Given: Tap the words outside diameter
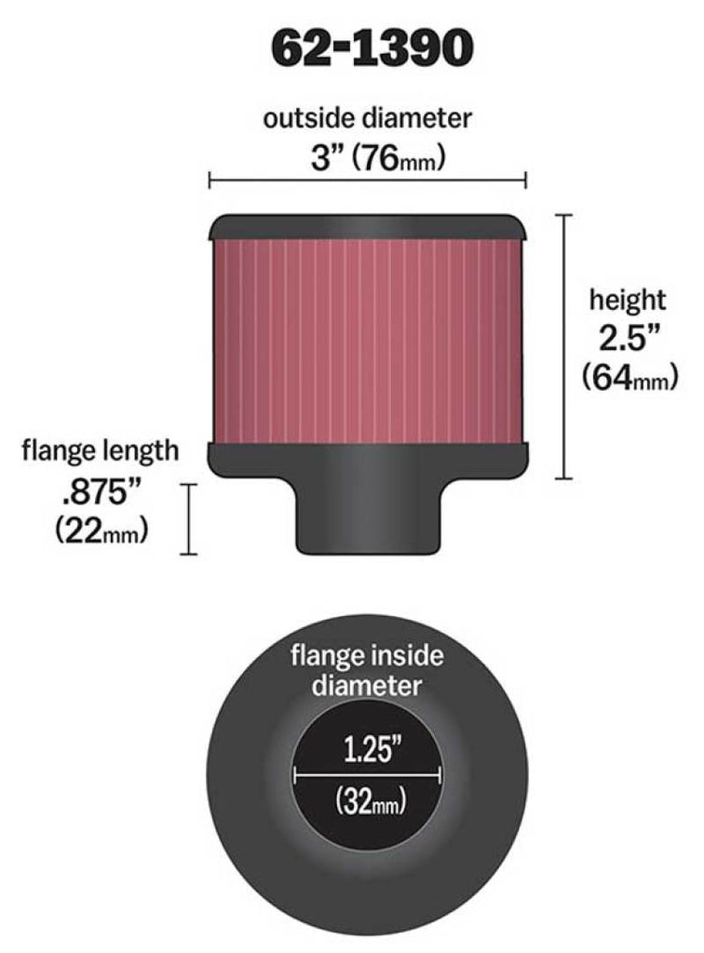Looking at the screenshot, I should [367, 118].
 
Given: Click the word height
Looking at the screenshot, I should [627, 300].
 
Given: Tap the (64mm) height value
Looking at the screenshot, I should [627, 378].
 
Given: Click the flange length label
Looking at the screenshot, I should [101, 451].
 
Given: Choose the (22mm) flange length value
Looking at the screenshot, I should [101, 530].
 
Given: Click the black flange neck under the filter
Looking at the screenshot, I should [367, 517].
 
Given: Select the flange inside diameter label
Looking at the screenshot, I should [367, 671].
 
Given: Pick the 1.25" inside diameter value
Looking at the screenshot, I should [367, 746].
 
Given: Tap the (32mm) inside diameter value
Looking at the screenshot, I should [367, 799].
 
